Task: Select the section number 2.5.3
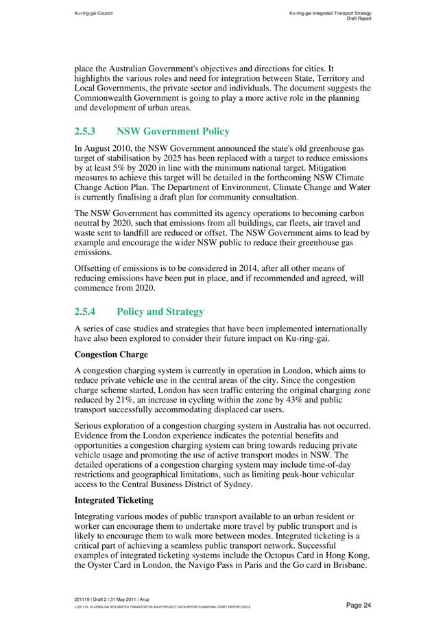click(84, 131)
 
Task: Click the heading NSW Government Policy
click(173, 131)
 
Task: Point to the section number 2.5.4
click(85, 311)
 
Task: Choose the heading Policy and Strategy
click(160, 311)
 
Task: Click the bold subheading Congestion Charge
click(110, 355)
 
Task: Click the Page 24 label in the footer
click(359, 605)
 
